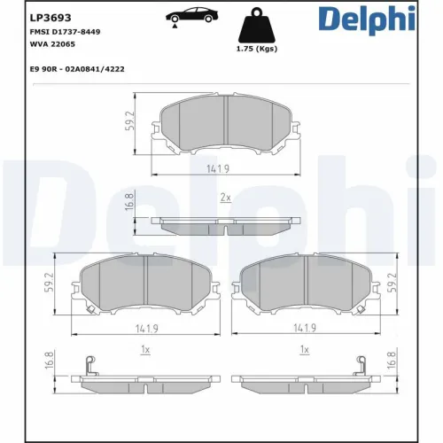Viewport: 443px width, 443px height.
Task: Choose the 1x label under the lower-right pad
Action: [x=306, y=350]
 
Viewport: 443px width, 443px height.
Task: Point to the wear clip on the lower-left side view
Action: [x=88, y=364]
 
